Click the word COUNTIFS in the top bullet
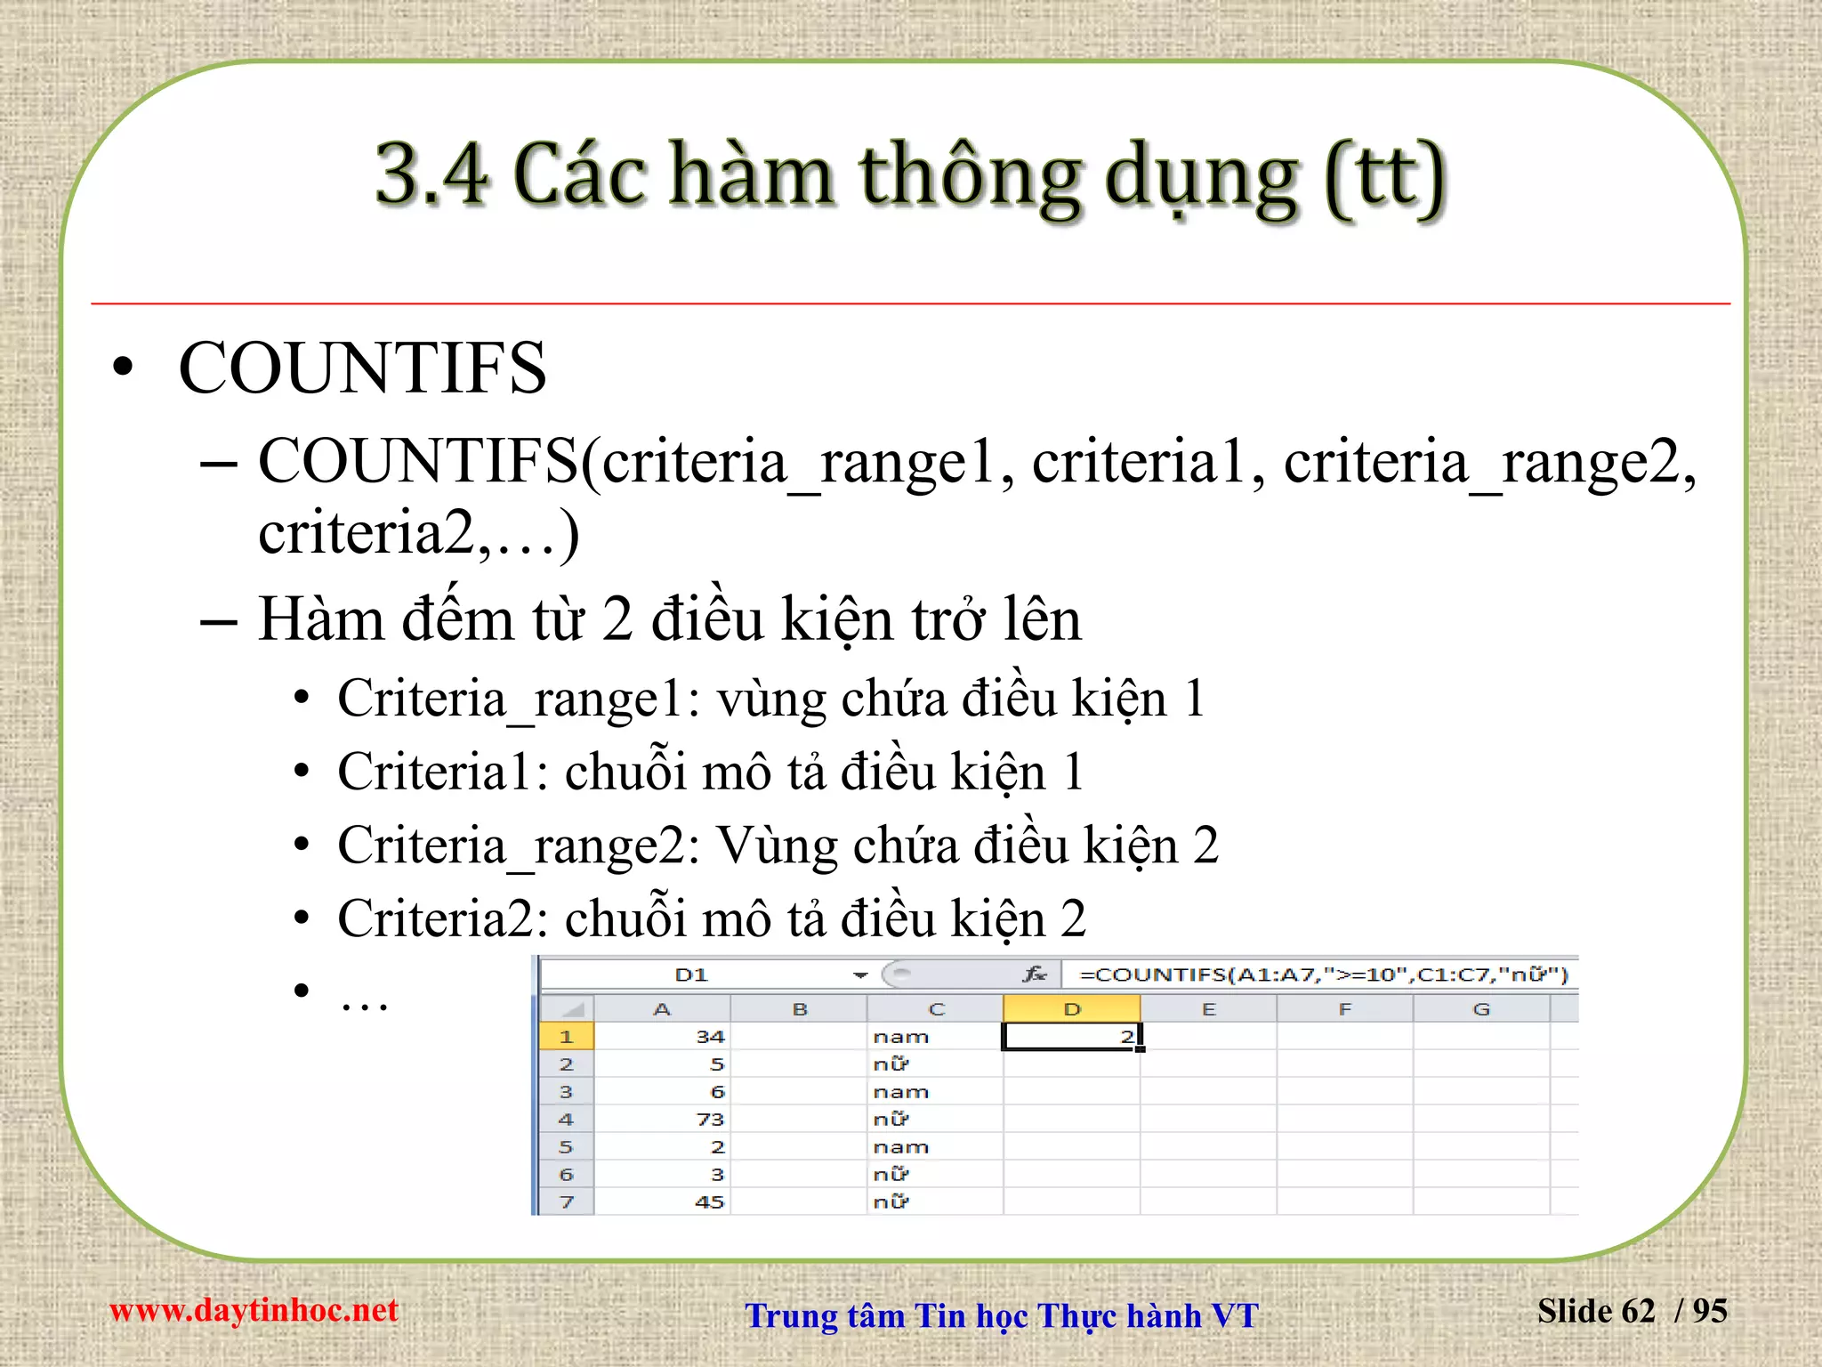point(362,368)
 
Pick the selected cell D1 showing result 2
point(1071,1037)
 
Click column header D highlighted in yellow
point(1071,1009)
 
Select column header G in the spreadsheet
point(1480,1009)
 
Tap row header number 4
point(566,1120)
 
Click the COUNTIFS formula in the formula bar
point(1323,975)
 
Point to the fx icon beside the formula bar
point(1034,975)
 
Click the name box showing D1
point(691,975)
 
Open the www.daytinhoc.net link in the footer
point(254,1310)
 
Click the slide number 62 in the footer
point(1638,1311)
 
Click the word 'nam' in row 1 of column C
point(900,1037)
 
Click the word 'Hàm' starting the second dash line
point(321,619)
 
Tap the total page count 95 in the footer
point(1709,1311)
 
